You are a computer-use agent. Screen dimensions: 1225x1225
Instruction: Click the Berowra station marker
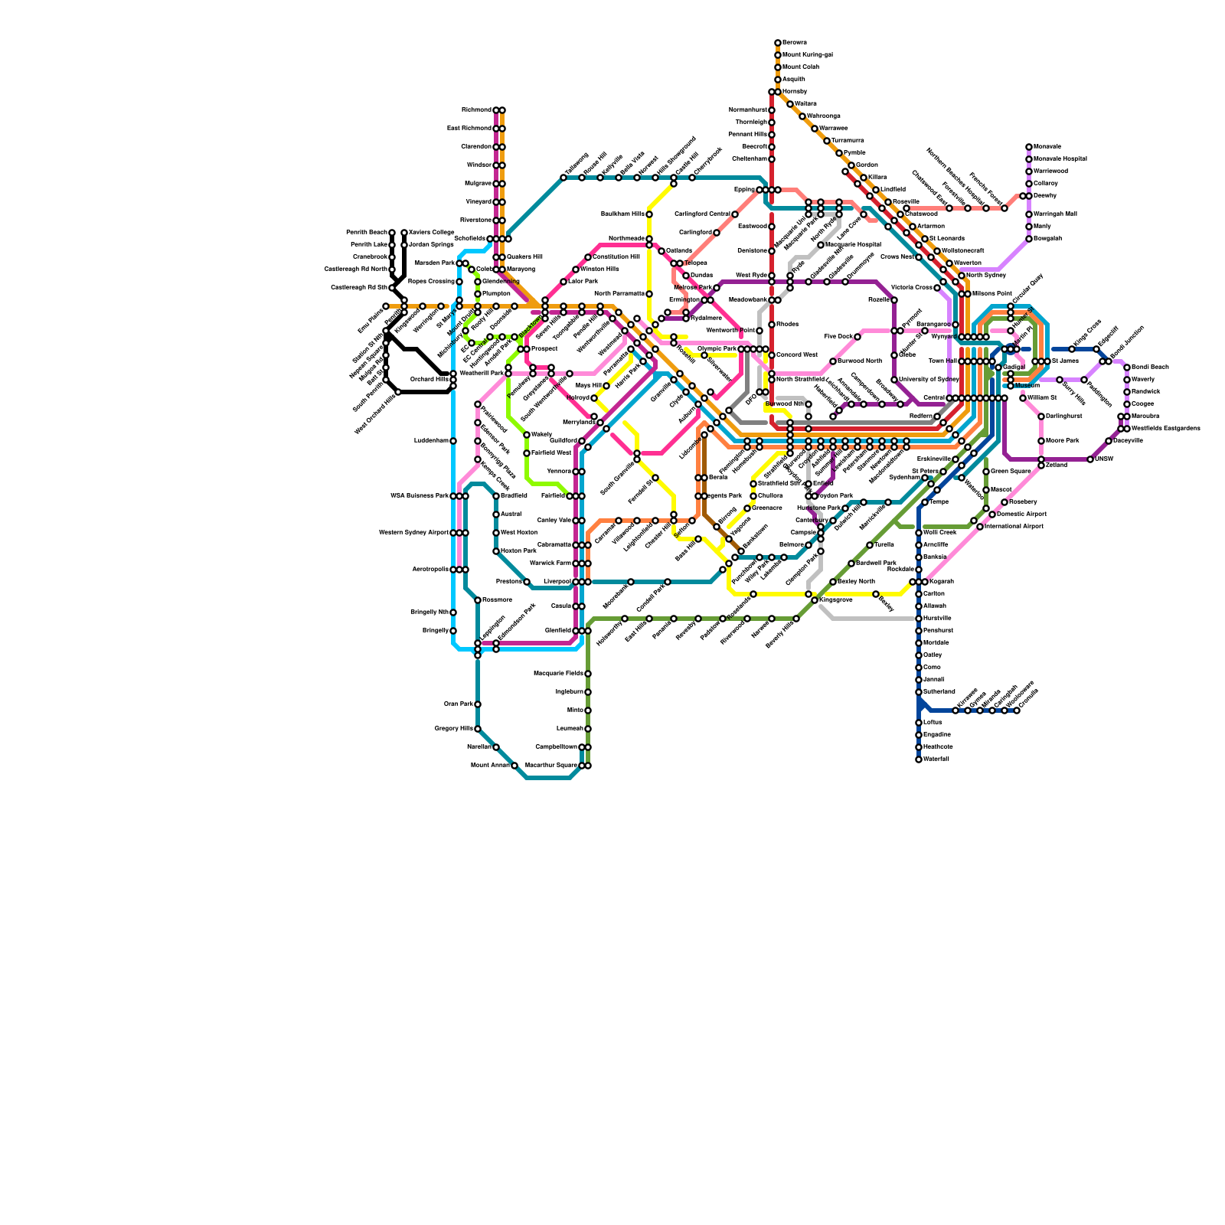pos(778,43)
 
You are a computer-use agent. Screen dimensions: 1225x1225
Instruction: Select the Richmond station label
pos(476,110)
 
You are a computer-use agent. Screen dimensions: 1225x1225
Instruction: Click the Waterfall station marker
pos(919,759)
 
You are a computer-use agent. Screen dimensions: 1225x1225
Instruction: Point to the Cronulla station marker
pos(1017,710)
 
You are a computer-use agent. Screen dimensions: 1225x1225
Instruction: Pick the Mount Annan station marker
pos(514,766)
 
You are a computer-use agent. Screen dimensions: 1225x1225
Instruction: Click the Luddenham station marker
pos(453,441)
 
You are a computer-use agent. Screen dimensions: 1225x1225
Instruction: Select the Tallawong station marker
pos(563,178)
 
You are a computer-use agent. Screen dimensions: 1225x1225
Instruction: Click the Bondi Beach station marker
pos(1127,367)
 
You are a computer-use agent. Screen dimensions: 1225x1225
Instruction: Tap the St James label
pos(1065,361)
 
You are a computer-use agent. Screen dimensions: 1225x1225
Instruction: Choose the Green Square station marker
pos(986,472)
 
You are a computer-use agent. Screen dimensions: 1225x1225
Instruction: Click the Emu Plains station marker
pos(386,306)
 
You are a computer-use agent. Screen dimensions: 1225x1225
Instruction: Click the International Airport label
pos(1014,527)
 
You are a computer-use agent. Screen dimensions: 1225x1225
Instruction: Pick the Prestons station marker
pos(527,582)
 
